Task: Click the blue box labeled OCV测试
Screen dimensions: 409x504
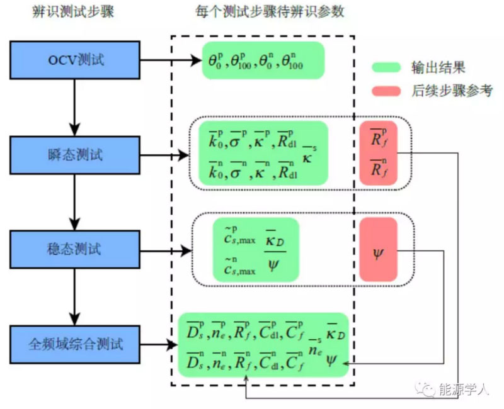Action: click(75, 60)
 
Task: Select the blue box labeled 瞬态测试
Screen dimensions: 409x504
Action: click(75, 155)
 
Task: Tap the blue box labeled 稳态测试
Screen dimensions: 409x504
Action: click(75, 249)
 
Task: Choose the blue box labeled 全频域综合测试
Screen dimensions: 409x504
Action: click(75, 344)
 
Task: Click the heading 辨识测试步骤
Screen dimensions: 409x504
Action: click(74, 13)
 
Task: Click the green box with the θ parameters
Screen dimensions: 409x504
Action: click(263, 60)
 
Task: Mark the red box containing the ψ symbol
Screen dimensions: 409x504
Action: click(378, 249)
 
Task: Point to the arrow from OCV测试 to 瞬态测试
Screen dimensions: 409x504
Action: click(75, 107)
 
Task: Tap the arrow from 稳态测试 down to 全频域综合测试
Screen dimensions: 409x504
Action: click(75, 296)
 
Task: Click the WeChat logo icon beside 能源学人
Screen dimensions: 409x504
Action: click(429, 389)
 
